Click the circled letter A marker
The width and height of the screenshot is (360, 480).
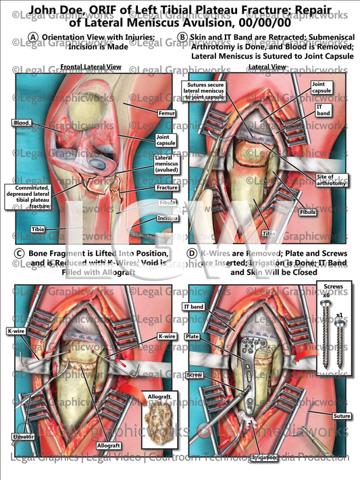point(33,36)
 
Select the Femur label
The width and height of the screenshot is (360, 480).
point(164,113)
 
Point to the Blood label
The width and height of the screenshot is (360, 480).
point(21,122)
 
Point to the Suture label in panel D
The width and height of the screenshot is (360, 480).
point(341,416)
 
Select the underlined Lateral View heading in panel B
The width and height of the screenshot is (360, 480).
point(266,67)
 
